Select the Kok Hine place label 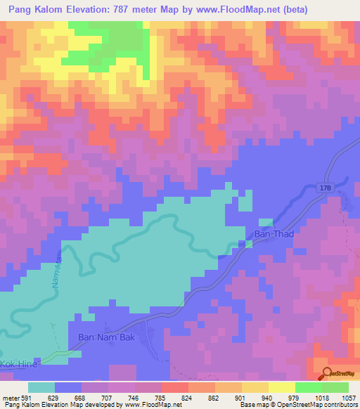coord(17,364)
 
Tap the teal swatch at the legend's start coord(41,387)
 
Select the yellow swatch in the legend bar coord(281,387)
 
